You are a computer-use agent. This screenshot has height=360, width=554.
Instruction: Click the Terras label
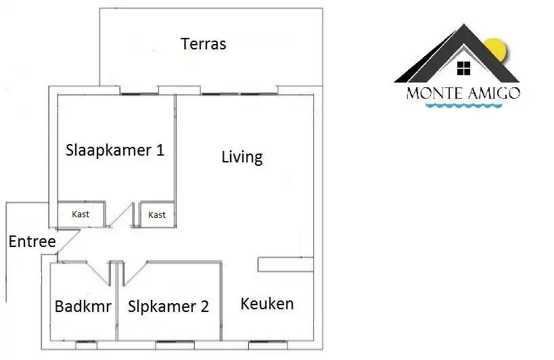[204, 44]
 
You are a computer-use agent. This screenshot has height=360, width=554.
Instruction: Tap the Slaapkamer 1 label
[115, 150]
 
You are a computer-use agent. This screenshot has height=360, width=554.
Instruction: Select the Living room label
[242, 157]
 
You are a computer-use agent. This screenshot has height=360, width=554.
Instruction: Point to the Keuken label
[267, 304]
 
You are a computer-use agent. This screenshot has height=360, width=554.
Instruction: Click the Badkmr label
[83, 307]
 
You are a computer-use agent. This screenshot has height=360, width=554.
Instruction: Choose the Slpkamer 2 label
[168, 307]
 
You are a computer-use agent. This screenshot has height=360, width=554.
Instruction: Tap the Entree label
[32, 242]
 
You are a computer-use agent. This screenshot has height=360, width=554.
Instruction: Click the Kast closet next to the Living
[157, 215]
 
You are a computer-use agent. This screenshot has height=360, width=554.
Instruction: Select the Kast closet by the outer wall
[81, 214]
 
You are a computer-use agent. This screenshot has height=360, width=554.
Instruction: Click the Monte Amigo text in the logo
[463, 93]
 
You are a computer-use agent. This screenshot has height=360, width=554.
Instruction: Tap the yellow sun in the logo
[497, 49]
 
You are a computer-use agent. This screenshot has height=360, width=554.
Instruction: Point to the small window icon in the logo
[463, 68]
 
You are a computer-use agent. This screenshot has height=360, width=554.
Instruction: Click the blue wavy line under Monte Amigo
[463, 106]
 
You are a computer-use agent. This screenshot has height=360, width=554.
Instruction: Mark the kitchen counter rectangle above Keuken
[285, 265]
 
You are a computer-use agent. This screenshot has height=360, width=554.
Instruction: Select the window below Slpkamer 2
[175, 342]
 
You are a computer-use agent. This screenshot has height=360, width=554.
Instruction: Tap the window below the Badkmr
[86, 342]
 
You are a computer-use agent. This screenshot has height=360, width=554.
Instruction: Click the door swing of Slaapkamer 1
[121, 215]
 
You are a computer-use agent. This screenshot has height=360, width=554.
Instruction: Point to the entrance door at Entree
[68, 242]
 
